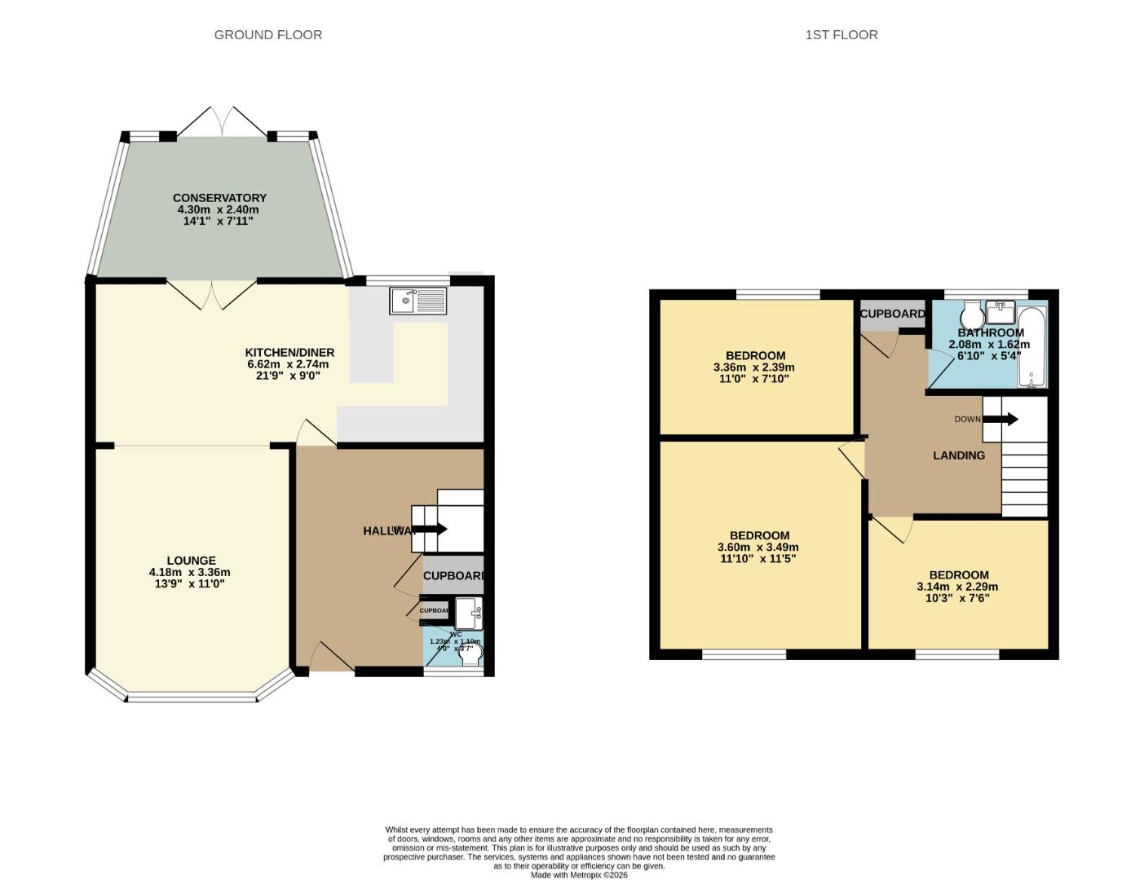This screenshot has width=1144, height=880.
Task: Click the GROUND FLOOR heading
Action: (267, 34)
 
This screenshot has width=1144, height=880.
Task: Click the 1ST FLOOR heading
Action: (841, 34)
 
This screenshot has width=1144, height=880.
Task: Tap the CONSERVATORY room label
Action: (219, 198)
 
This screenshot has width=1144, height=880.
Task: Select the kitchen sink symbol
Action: (418, 301)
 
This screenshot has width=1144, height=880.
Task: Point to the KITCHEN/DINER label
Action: (289, 353)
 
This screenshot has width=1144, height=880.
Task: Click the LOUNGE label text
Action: (191, 561)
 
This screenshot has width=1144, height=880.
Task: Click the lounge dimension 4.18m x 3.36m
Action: (189, 572)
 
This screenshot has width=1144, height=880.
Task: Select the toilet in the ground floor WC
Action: (470, 654)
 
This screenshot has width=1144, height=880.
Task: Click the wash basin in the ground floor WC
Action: (468, 613)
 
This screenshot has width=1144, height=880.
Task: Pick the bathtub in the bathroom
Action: (1031, 348)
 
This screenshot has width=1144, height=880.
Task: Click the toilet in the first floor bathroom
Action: (972, 315)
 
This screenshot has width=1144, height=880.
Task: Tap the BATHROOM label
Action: (990, 332)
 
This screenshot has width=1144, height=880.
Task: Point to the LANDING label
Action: (958, 455)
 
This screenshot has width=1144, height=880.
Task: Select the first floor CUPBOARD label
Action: (892, 314)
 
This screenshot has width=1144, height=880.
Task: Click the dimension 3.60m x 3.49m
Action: (758, 548)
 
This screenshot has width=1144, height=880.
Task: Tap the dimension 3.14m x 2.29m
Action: (957, 587)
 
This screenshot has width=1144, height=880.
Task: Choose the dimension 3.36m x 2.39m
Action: (754, 367)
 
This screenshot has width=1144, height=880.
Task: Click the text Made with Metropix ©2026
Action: (579, 875)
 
